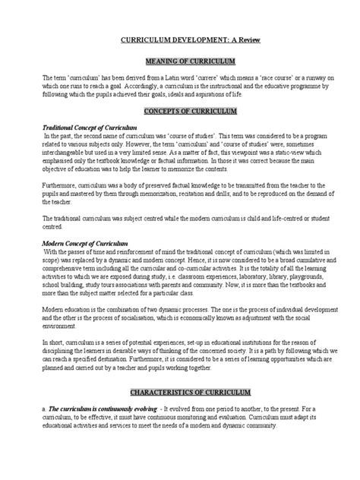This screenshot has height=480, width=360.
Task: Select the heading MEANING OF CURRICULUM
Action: click(180, 60)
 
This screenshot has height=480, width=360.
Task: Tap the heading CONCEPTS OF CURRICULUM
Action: click(180, 111)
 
